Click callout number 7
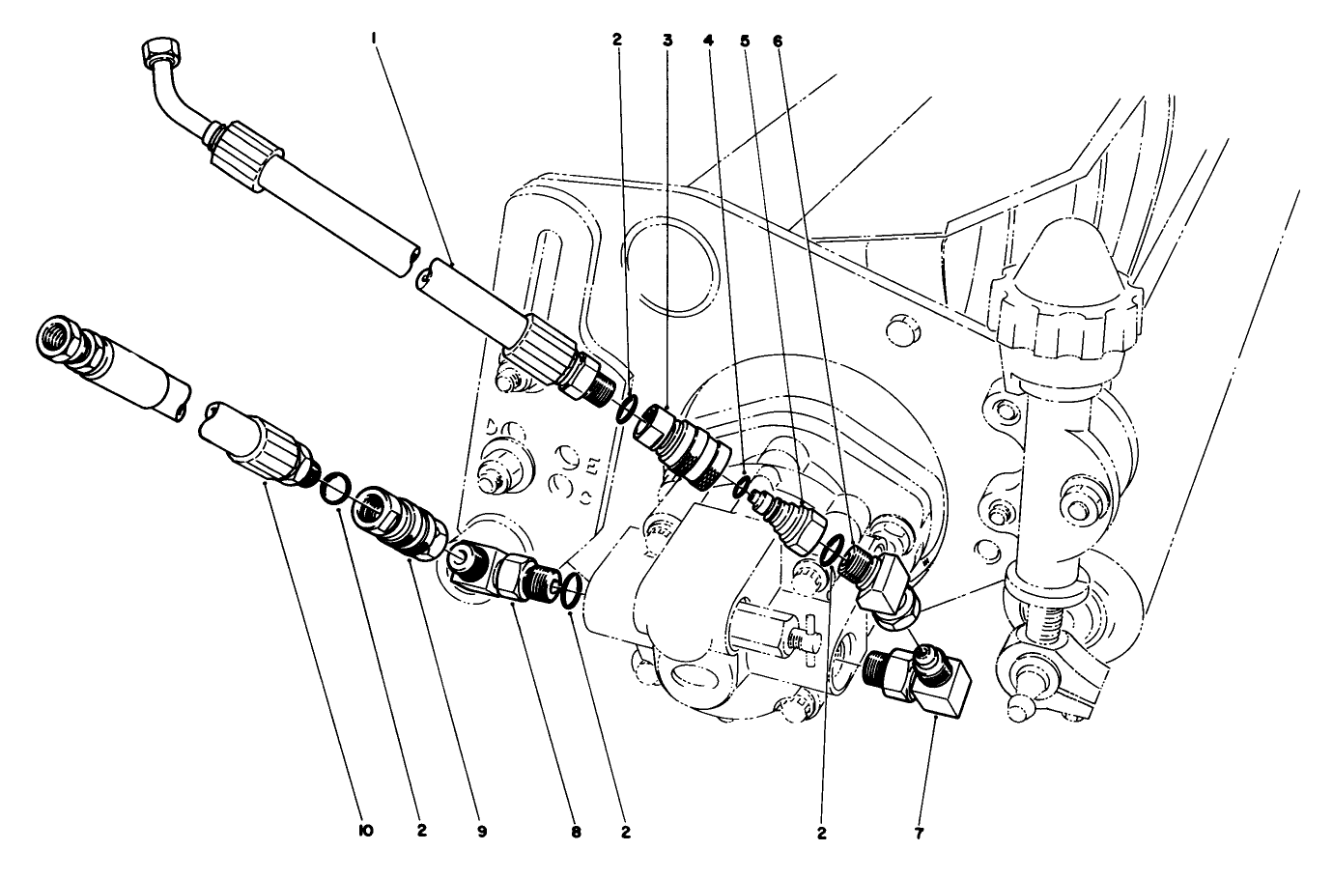(x=919, y=831)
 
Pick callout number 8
(x=576, y=831)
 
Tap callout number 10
(x=366, y=831)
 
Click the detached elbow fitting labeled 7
(x=922, y=682)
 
